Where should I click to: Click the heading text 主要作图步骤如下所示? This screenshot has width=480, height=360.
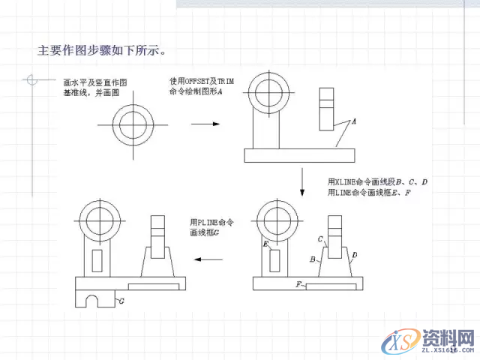[x=102, y=52]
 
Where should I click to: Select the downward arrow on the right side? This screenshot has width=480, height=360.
[x=301, y=181]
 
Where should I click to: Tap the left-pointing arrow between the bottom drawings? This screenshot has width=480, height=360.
[x=211, y=259]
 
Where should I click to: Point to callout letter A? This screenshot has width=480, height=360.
[x=353, y=120]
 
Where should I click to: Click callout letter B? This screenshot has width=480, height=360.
[x=313, y=259]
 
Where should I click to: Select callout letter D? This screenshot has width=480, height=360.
[x=354, y=256]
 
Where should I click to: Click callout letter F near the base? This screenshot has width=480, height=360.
[x=298, y=285]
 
